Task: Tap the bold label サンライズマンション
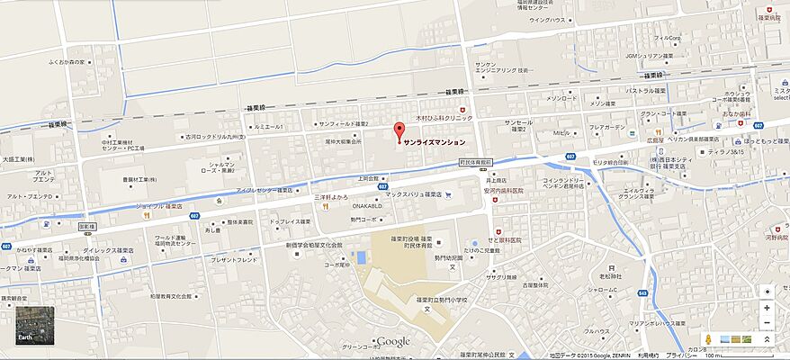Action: [435, 142]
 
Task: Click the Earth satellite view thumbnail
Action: [35, 326]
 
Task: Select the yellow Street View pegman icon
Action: [710, 339]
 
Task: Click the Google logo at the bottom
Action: [393, 341]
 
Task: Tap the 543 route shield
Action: [642, 292]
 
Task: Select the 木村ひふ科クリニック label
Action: [444, 117]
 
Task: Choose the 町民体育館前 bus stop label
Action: [475, 163]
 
